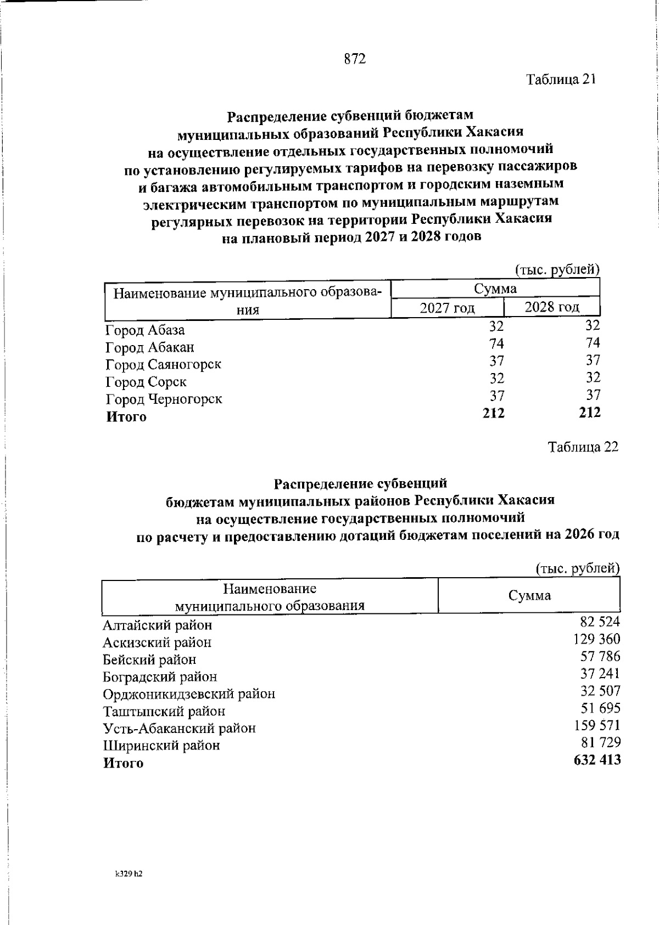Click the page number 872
(x=355, y=59)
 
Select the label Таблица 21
(x=561, y=80)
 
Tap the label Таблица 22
(x=583, y=447)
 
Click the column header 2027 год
(x=447, y=308)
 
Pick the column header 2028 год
(x=551, y=307)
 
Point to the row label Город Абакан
(x=150, y=348)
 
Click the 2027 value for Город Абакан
(x=496, y=343)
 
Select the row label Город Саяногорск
(x=163, y=365)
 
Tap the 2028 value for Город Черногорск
(x=593, y=395)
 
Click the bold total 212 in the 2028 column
(x=590, y=413)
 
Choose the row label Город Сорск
(x=146, y=382)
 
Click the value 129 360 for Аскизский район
(x=596, y=639)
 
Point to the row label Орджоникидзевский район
(x=189, y=694)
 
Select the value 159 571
(x=597, y=725)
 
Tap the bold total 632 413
(x=596, y=760)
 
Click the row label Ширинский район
(x=161, y=746)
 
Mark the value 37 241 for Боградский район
(x=600, y=674)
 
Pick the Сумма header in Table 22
(x=529, y=596)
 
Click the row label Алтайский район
(x=157, y=625)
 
